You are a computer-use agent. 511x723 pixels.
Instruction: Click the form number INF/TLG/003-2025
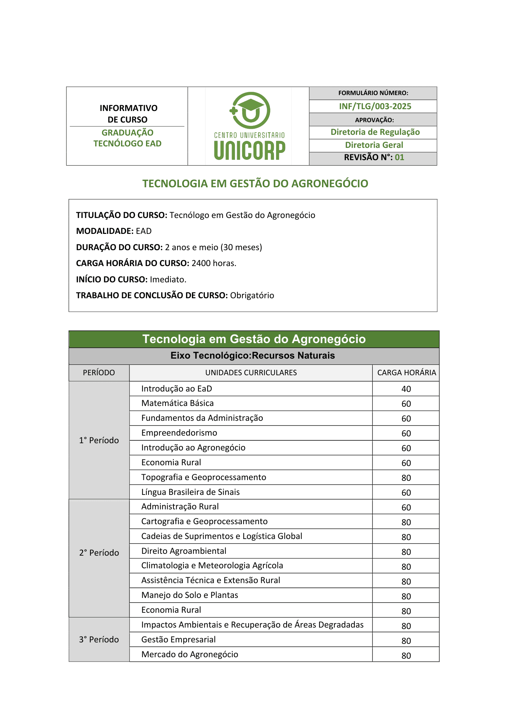pos(375,106)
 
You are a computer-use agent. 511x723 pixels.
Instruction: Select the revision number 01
pos(399,158)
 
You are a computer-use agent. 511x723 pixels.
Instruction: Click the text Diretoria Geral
pos(374,145)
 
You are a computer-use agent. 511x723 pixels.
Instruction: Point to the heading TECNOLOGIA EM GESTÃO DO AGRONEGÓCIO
pos(255,184)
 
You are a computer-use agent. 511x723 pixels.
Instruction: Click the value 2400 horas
pos(214,263)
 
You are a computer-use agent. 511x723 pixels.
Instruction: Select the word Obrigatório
pos(252,295)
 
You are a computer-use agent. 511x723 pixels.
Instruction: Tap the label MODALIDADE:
pos(105,231)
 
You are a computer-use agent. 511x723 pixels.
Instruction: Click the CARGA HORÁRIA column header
pos(407,373)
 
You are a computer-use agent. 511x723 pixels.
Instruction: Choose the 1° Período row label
pos(99,440)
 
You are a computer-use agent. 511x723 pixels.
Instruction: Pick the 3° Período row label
pos(99,639)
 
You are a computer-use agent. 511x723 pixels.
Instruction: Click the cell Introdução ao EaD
pos(177,389)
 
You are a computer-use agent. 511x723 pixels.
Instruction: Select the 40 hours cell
pos(406,389)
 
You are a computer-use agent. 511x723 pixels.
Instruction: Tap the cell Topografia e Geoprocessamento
pos(204,477)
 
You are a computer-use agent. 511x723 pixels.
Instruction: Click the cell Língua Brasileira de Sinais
pos(190,492)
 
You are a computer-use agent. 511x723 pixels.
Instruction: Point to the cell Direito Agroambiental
pos(184,551)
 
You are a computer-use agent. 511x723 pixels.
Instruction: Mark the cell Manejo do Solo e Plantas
pos(190,595)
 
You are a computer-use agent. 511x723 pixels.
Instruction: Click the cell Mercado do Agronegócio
pos(190,654)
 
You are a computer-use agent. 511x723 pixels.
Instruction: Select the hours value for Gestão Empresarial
pos(406,641)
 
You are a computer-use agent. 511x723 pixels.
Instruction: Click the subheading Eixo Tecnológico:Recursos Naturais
pos(253,356)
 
